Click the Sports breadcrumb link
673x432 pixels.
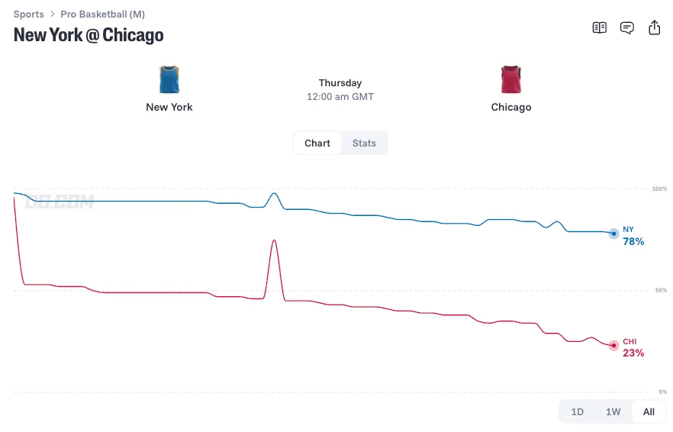point(28,15)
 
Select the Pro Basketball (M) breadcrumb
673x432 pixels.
point(102,15)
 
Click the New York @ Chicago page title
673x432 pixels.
point(89,35)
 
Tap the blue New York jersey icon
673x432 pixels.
point(169,79)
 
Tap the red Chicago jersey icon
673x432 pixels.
point(510,79)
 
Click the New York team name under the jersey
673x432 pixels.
point(169,107)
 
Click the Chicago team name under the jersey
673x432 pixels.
point(510,107)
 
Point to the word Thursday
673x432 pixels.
point(340,82)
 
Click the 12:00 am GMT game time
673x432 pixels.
point(340,97)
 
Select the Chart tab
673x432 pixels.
point(317,143)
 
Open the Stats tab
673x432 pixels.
point(364,143)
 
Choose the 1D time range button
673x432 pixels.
point(577,412)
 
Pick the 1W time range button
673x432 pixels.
point(613,412)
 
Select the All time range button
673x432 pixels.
point(649,412)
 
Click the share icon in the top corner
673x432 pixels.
point(654,27)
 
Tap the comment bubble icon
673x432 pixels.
point(626,28)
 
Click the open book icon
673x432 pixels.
point(599,27)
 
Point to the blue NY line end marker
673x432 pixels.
point(613,234)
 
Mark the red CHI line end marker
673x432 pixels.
point(613,345)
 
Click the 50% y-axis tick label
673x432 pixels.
point(661,290)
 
